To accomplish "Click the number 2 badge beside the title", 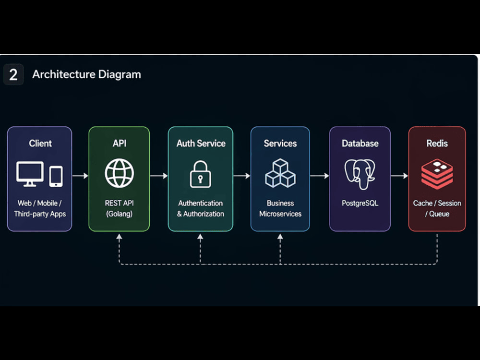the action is pos(13,74).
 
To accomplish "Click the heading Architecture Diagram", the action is pos(86,74).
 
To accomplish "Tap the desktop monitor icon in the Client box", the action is pos(30,174).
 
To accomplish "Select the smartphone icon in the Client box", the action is pos(56,176).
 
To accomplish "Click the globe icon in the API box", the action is pos(120,173).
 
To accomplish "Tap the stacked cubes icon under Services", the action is pos(280,173).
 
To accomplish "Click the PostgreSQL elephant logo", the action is pos(360,174).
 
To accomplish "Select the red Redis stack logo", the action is pos(437,174).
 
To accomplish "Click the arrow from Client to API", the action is pos(80,176).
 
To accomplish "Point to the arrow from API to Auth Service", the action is pos(159,176).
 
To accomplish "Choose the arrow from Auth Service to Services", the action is pos(242,176).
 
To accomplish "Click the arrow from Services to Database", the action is pos(320,176).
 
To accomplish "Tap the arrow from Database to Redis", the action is pos(399,176).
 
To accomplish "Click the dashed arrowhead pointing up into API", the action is pos(120,237).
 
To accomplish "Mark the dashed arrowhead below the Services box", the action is pos(280,237).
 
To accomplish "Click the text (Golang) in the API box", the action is pos(120,214).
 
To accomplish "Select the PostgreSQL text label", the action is pos(360,203).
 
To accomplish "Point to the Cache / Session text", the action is pos(437,203).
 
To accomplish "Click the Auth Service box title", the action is pos(201,143).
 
